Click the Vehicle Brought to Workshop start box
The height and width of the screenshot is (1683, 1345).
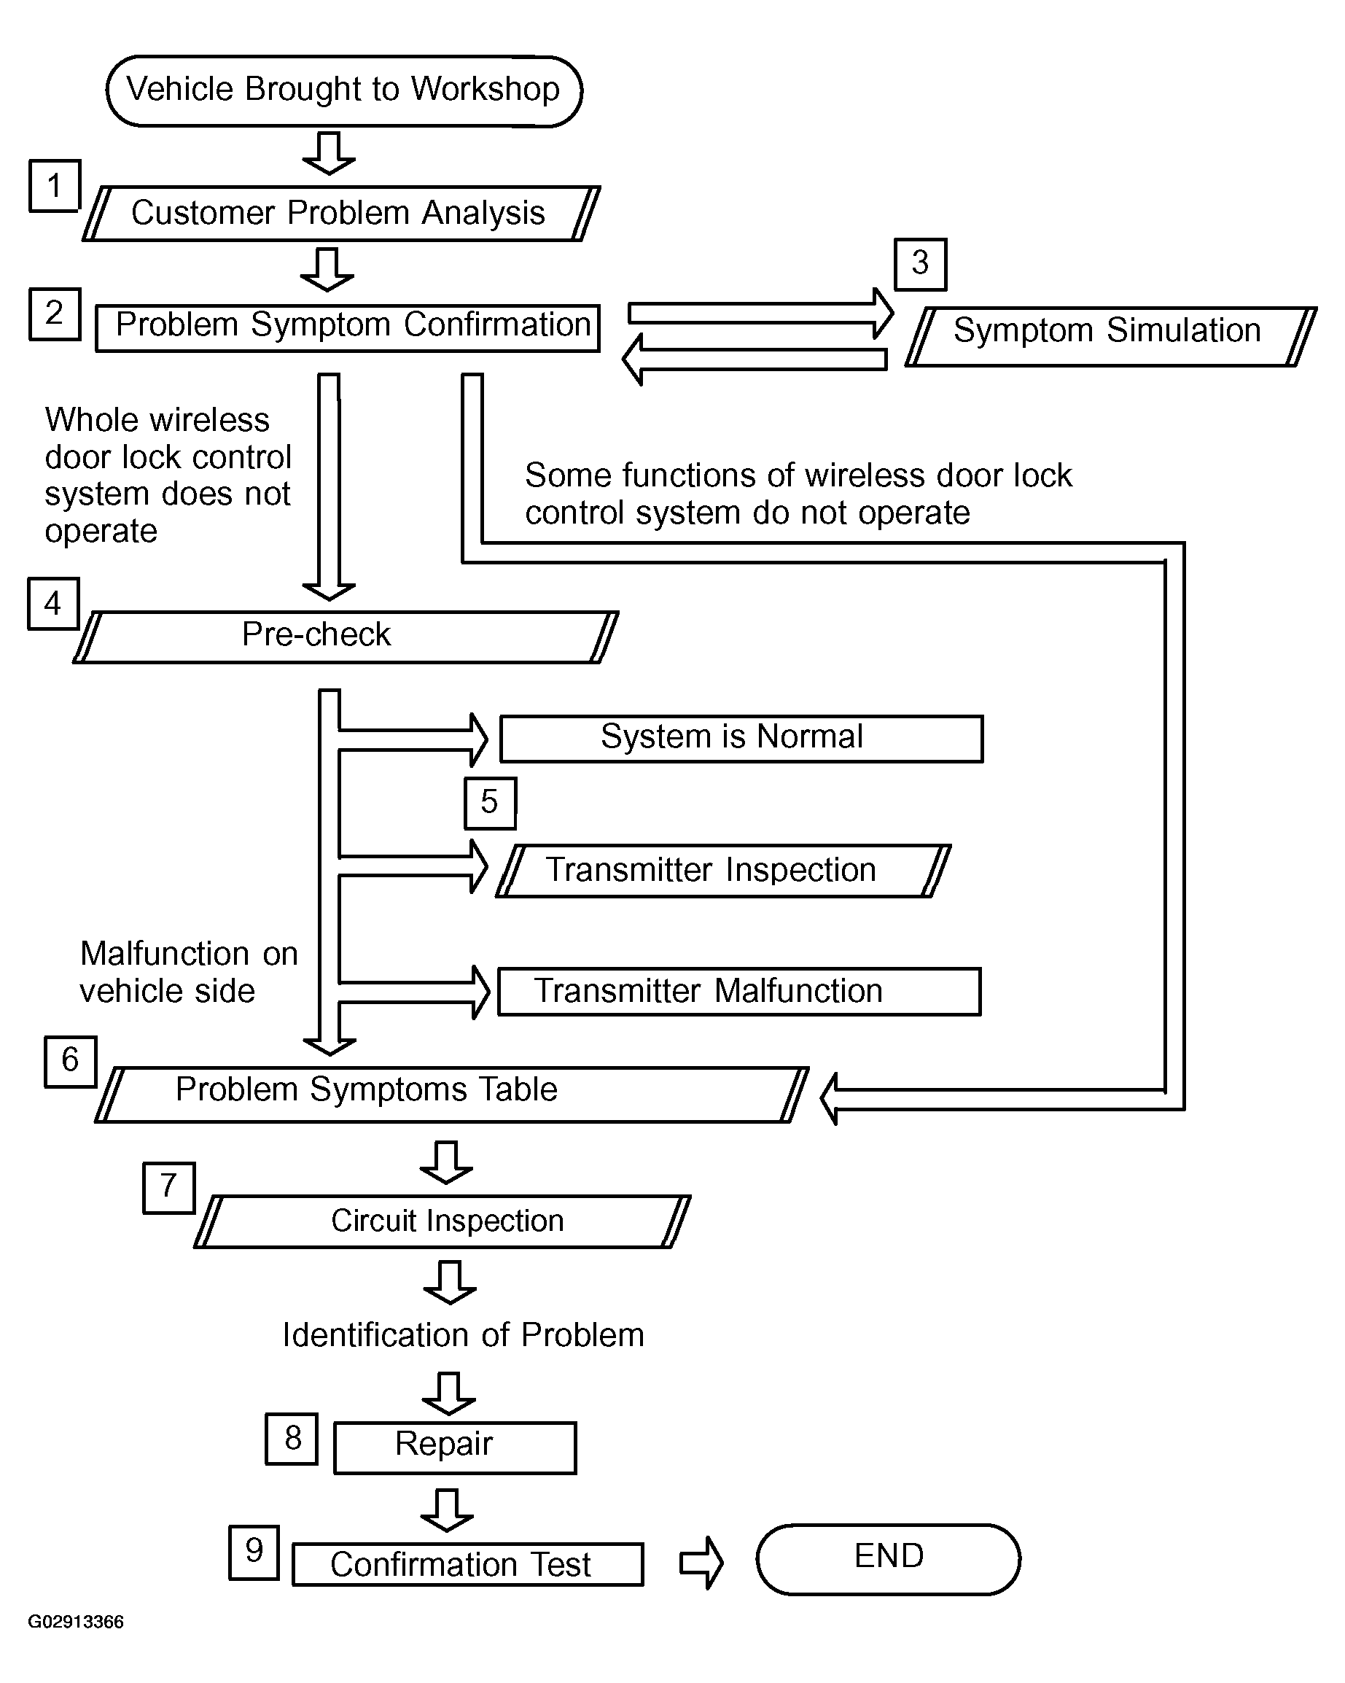(x=343, y=90)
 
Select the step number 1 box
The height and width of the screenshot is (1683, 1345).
(x=54, y=186)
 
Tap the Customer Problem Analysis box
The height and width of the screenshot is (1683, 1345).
(x=340, y=213)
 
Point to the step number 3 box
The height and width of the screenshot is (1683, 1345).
(x=919, y=264)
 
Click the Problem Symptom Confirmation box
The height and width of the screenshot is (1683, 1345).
(x=348, y=328)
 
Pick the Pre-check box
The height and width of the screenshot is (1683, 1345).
(x=345, y=637)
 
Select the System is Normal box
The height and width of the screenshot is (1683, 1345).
(x=740, y=738)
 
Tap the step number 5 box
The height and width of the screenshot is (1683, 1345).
(x=489, y=802)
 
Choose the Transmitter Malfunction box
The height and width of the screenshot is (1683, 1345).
(x=738, y=992)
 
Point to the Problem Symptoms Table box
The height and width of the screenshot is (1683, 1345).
(x=451, y=1094)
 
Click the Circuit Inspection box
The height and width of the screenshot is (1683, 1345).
(x=442, y=1221)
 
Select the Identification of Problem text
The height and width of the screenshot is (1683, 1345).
(x=463, y=1335)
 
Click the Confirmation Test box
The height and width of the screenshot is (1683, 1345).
(x=467, y=1563)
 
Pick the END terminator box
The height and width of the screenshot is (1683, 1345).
(x=888, y=1559)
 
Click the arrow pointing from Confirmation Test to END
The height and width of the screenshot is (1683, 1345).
(x=701, y=1562)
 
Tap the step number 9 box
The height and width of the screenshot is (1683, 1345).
(x=254, y=1552)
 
